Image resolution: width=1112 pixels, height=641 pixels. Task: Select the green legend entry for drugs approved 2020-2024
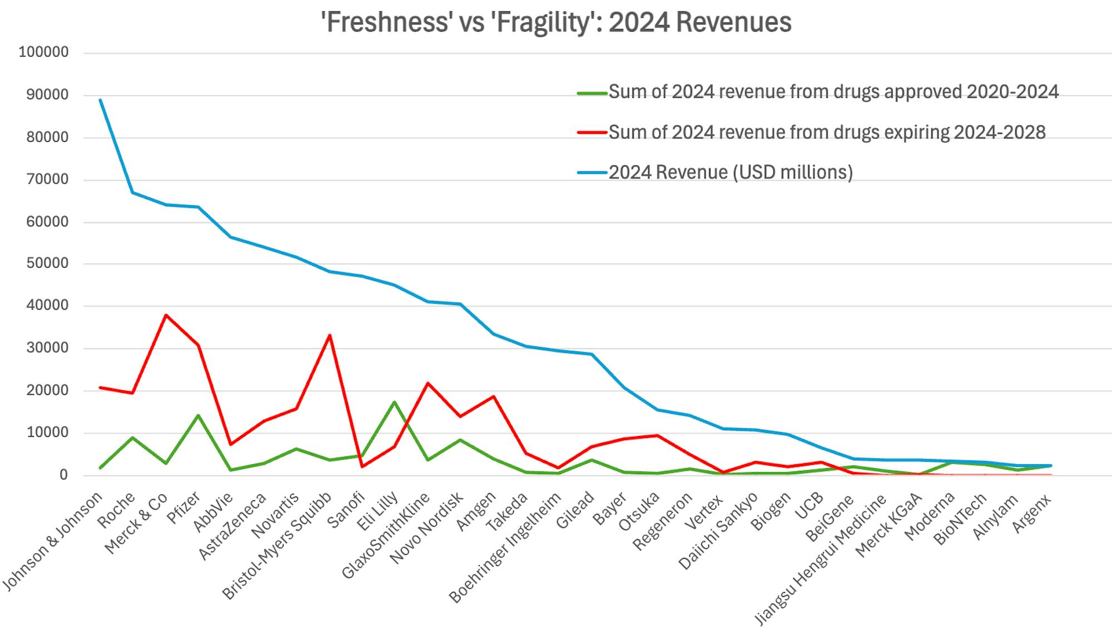(x=833, y=92)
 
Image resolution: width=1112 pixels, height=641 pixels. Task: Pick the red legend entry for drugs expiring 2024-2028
(x=827, y=132)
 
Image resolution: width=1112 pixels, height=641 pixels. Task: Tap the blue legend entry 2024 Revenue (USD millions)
(x=730, y=172)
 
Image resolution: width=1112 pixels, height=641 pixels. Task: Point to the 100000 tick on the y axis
(x=43, y=52)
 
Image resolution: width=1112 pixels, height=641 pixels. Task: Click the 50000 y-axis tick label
(x=47, y=264)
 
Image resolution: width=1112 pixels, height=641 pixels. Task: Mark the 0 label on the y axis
(x=63, y=475)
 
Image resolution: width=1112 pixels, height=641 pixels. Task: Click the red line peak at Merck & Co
(x=166, y=315)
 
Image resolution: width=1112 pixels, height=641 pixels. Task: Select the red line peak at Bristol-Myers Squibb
(x=330, y=335)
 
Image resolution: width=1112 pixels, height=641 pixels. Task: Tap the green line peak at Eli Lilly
(x=394, y=402)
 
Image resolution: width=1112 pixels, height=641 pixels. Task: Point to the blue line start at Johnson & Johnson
(x=100, y=100)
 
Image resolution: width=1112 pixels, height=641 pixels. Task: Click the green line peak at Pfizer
(x=198, y=415)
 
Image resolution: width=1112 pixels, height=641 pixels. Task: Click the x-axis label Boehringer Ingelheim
(x=505, y=548)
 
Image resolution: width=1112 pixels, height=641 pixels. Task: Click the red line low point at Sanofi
(x=362, y=466)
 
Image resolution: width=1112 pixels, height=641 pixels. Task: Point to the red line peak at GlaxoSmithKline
(x=427, y=383)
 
